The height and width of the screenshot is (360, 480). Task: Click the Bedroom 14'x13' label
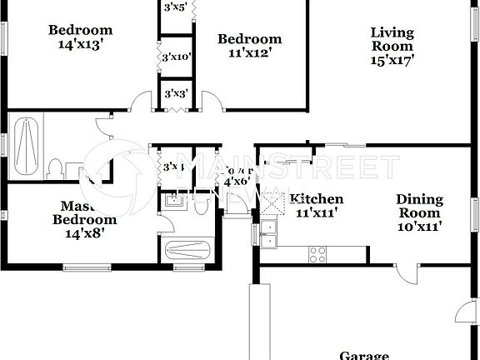point(80,37)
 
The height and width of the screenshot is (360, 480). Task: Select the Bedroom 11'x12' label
point(249,45)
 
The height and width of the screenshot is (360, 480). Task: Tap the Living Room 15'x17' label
point(392,46)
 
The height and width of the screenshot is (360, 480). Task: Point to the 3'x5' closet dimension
point(176,8)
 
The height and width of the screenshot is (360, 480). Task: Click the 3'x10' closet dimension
point(176,57)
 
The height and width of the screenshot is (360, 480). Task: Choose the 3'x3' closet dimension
point(175,94)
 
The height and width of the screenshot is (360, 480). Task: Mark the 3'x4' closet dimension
point(173,167)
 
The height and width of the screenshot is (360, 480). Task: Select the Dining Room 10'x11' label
point(418,212)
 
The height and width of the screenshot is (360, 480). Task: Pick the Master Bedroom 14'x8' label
point(84,213)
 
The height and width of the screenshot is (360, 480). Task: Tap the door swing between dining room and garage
point(406,274)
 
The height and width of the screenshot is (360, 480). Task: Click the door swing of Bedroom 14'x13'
point(141,101)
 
